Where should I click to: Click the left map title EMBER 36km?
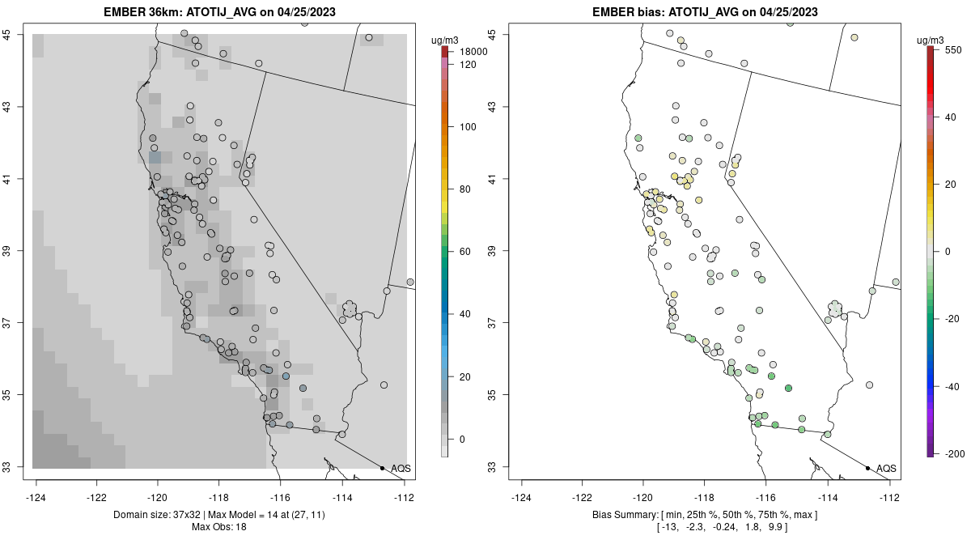(x=220, y=12)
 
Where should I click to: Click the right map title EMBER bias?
(x=706, y=12)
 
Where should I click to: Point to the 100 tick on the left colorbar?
(x=468, y=127)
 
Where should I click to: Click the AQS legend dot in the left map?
(x=382, y=468)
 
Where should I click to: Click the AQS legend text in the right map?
(x=886, y=469)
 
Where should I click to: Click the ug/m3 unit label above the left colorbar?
(x=447, y=40)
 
